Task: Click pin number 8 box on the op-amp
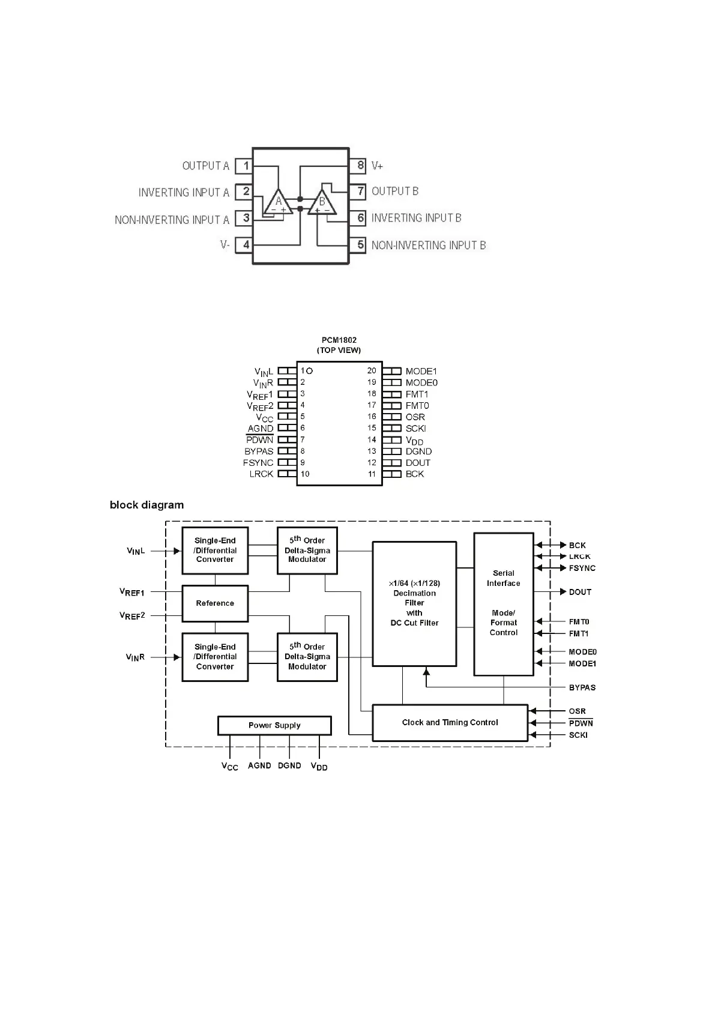click(x=360, y=165)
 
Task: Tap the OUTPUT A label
click(x=205, y=166)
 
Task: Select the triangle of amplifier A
click(x=278, y=202)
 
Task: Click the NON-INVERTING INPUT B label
click(x=428, y=245)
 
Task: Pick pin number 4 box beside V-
click(x=246, y=245)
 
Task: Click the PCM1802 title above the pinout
click(x=339, y=340)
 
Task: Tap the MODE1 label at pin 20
click(x=421, y=371)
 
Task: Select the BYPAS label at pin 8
click(x=259, y=451)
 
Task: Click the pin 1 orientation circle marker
click(x=310, y=371)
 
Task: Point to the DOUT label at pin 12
click(x=418, y=463)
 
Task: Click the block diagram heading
click(x=146, y=505)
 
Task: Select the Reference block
click(x=215, y=603)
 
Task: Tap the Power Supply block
click(x=274, y=725)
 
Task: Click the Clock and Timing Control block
click(x=450, y=723)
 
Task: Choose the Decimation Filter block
click(x=414, y=603)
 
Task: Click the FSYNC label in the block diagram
click(x=582, y=568)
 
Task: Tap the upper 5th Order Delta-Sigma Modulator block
click(x=307, y=550)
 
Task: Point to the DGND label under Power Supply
click(x=289, y=765)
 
